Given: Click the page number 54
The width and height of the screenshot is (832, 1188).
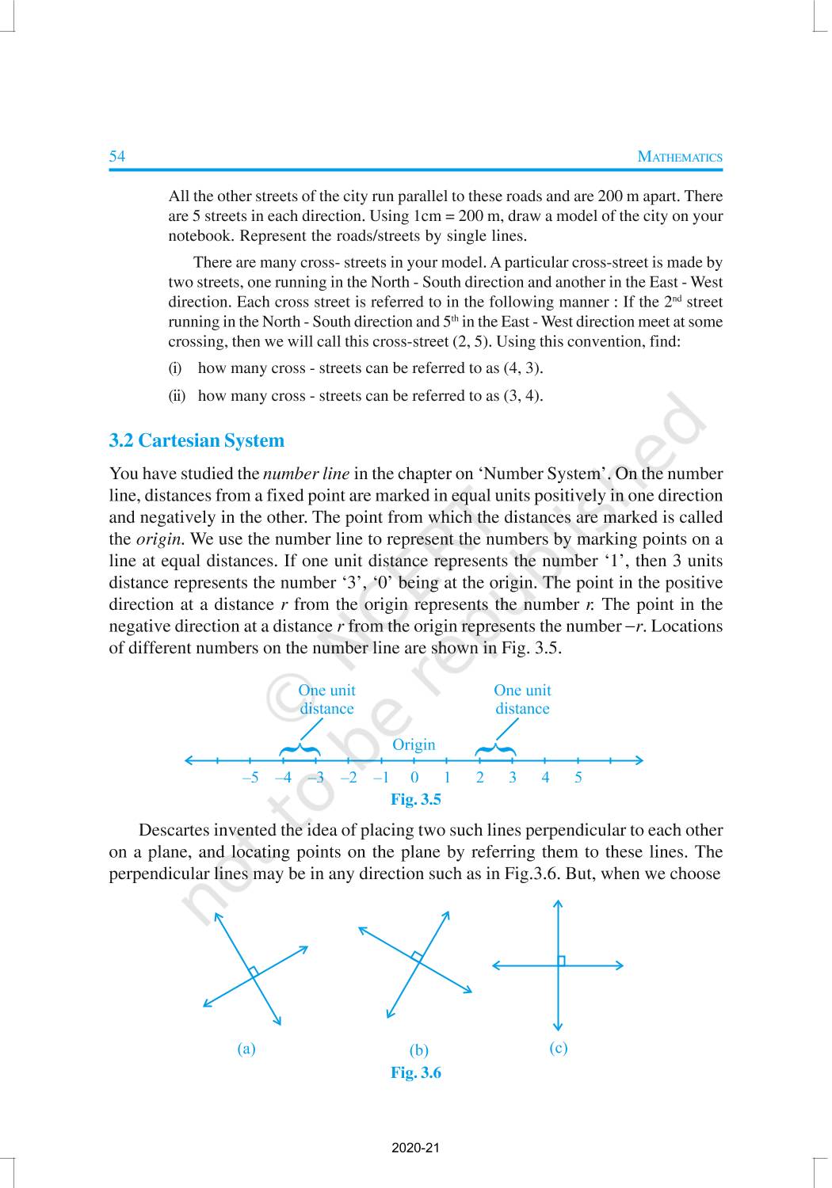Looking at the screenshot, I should (x=117, y=156).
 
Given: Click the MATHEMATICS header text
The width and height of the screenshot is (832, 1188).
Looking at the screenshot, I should (x=680, y=157).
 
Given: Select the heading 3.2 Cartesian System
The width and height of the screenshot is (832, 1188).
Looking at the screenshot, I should (x=197, y=441).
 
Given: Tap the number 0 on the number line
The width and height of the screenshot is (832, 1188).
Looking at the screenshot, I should (x=414, y=778).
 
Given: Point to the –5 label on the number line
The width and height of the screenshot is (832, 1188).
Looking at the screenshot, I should (x=250, y=778).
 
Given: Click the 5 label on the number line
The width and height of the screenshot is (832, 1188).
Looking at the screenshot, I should (x=578, y=778).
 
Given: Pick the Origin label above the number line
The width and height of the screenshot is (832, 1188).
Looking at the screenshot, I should (x=414, y=744).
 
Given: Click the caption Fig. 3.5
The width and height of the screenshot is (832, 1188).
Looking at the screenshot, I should (x=415, y=800).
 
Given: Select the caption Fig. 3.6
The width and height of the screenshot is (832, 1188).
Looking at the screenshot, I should (x=415, y=1073).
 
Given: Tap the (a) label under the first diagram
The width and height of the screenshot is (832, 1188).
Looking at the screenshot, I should (x=246, y=1049).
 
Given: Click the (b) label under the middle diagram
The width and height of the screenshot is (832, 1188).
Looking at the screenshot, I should (x=418, y=1050).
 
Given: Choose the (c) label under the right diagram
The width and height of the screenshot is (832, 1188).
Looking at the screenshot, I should (x=558, y=1048).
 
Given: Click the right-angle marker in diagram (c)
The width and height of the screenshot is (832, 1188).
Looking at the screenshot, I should (x=562, y=961).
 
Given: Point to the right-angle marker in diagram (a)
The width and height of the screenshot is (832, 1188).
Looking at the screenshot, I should (x=253, y=971).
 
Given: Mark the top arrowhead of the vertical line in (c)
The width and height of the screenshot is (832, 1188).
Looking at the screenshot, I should (x=559, y=903).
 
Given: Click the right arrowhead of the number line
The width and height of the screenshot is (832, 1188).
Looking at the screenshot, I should (x=639, y=760).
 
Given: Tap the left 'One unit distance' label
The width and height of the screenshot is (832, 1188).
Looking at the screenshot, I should (x=326, y=699).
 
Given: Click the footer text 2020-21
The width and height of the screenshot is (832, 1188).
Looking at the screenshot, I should (x=415, y=1148).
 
